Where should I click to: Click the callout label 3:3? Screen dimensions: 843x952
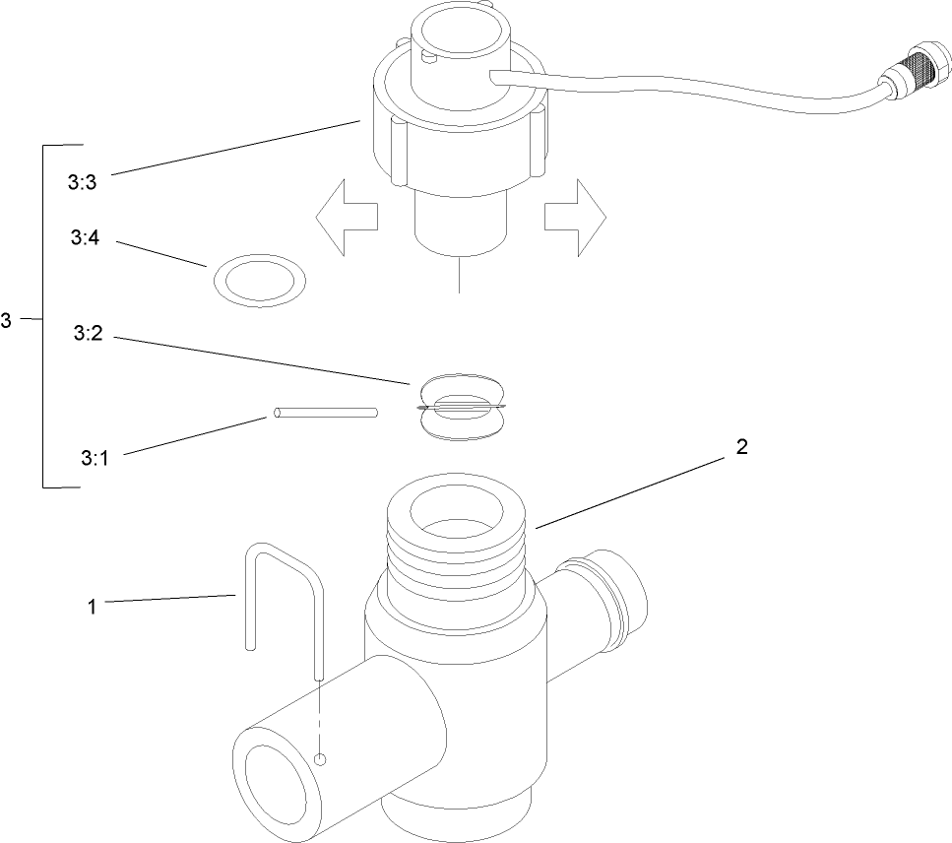pyautogui.click(x=83, y=182)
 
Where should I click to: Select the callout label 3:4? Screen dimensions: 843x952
pyautogui.click(x=85, y=238)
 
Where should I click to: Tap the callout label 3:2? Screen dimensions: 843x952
pyautogui.click(x=88, y=335)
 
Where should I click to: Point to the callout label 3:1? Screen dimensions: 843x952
pyautogui.click(x=94, y=458)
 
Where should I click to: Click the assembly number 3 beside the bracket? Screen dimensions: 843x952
pyautogui.click(x=7, y=320)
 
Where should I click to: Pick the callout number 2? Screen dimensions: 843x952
pyautogui.click(x=741, y=447)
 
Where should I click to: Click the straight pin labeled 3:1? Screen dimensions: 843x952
pyautogui.click(x=326, y=413)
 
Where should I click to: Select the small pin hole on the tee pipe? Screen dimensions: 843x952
pyautogui.click(x=319, y=758)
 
